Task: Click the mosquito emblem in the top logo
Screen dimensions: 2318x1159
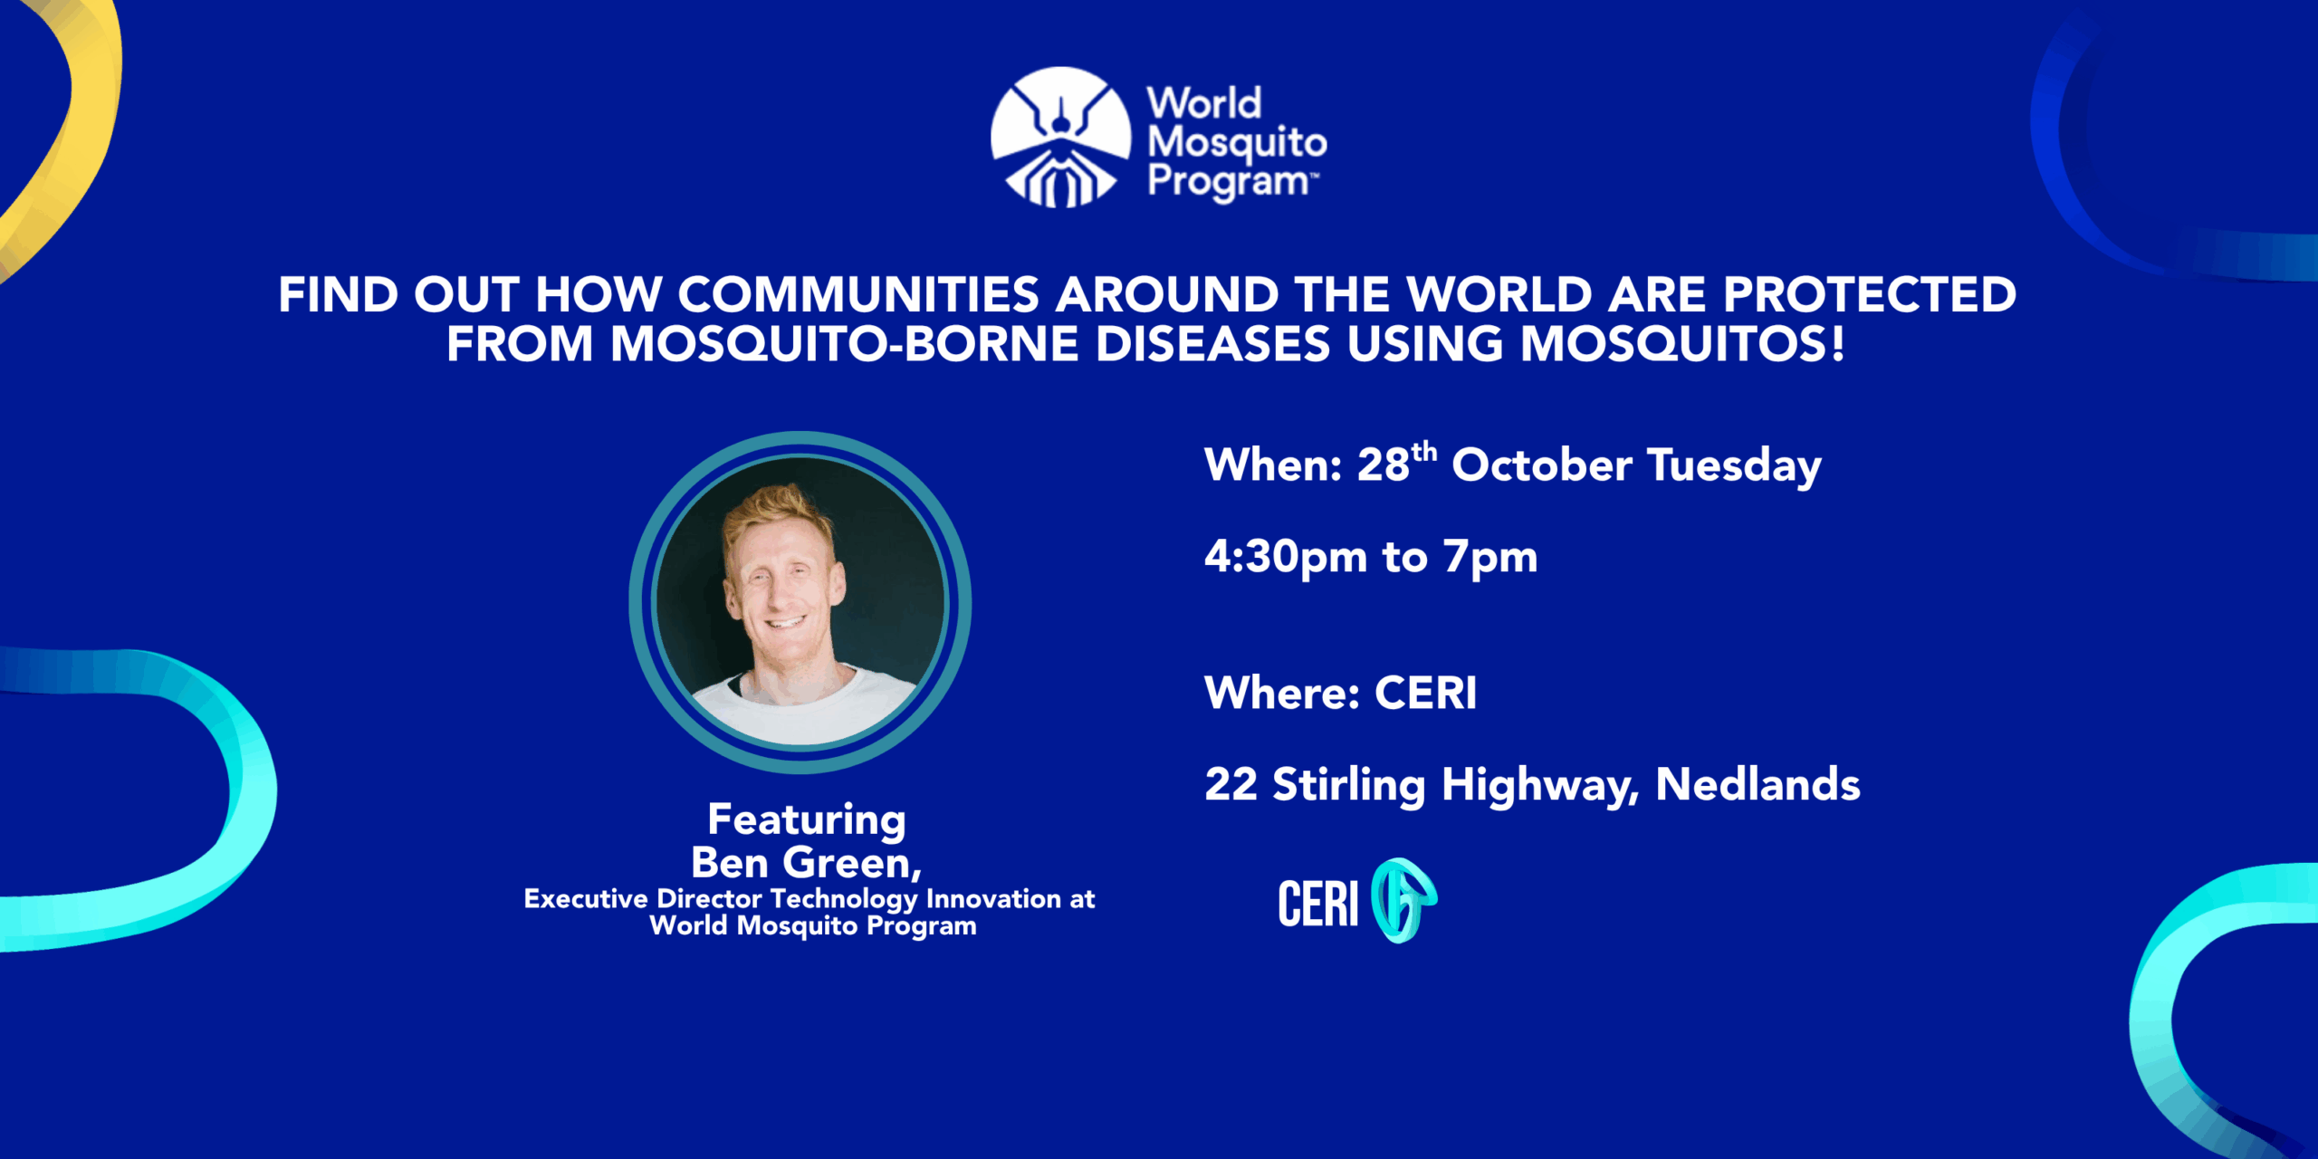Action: pos(1060,137)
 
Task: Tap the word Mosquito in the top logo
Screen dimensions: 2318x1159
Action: pos(1237,143)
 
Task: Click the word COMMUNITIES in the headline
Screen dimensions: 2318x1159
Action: pos(858,294)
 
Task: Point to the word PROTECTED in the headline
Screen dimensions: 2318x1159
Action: pos(1870,294)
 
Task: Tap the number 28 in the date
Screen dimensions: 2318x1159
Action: pos(1384,465)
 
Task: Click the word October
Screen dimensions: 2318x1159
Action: pos(1542,465)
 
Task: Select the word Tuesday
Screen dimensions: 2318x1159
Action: pos(1734,467)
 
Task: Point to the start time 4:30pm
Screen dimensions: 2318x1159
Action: pos(1286,558)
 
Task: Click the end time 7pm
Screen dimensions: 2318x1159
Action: pos(1490,558)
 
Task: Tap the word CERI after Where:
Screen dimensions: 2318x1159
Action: pos(1426,694)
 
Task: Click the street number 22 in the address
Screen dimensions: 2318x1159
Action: pos(1231,784)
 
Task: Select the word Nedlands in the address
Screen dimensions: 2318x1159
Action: pos(1758,784)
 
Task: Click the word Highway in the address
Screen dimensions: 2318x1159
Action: pos(1540,786)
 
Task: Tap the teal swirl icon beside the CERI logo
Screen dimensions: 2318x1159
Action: pos(1403,901)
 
